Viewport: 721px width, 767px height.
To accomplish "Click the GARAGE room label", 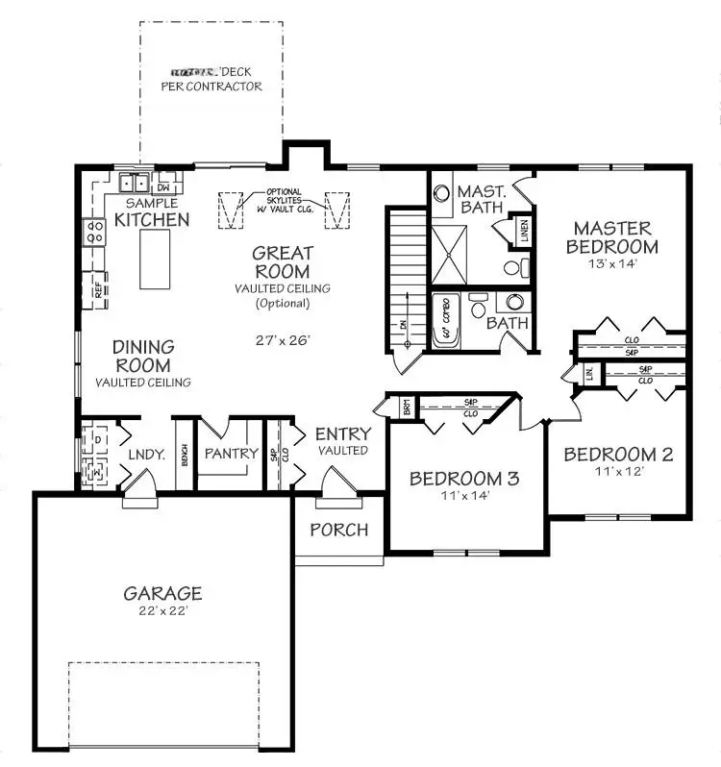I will click(162, 592).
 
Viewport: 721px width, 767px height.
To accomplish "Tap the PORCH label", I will click(338, 530).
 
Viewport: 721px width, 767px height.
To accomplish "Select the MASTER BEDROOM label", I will click(612, 236).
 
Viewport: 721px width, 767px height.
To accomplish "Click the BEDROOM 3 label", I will click(464, 478).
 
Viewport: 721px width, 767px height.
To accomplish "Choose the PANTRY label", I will click(232, 454).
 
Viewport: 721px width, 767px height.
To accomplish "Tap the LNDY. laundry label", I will click(147, 454).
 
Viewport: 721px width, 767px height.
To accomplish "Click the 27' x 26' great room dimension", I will click(283, 339).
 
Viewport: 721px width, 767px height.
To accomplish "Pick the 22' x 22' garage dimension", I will click(162, 610).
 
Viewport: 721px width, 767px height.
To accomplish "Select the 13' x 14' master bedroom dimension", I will click(612, 261).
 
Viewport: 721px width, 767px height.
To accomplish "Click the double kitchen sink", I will click(135, 183).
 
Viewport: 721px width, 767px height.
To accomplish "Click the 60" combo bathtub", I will click(447, 321).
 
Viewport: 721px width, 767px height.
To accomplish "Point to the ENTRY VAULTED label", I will click(342, 441).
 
